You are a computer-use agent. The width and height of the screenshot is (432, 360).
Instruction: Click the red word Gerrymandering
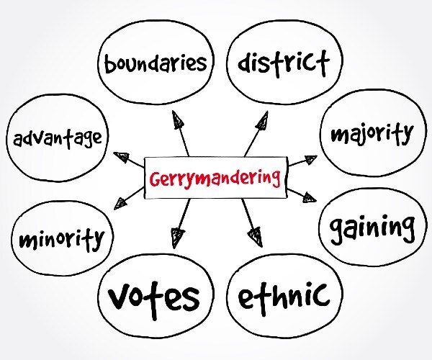[x=215, y=179]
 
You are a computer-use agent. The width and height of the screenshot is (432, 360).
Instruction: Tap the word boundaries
[x=156, y=63]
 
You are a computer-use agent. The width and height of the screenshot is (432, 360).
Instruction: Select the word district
[x=284, y=63]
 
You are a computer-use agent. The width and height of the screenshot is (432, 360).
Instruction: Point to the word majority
[x=372, y=134]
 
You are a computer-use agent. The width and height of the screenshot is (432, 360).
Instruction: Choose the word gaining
[x=372, y=229]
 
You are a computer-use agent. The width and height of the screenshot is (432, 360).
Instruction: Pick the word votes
[x=154, y=298]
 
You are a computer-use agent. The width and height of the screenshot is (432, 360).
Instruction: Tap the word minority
[x=62, y=240]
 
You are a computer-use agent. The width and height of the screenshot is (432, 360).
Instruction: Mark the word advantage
[x=58, y=139]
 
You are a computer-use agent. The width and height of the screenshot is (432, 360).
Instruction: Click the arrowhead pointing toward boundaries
[x=178, y=119]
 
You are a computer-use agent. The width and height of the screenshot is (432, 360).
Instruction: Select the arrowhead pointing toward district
[x=262, y=120]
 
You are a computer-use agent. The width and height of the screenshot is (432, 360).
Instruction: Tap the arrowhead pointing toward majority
[x=311, y=159]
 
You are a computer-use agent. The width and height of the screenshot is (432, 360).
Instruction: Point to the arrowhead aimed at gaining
[x=310, y=197]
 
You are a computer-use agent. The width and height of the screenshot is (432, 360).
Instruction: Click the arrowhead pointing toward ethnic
[x=255, y=237]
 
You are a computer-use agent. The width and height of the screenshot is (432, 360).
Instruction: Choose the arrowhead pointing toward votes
[x=176, y=238]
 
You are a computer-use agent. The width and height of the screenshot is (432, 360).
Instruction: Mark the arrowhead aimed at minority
[x=121, y=204]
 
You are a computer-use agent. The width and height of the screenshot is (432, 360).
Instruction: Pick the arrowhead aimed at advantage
[x=122, y=157]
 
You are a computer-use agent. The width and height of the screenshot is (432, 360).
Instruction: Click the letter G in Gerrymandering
[x=155, y=179]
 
